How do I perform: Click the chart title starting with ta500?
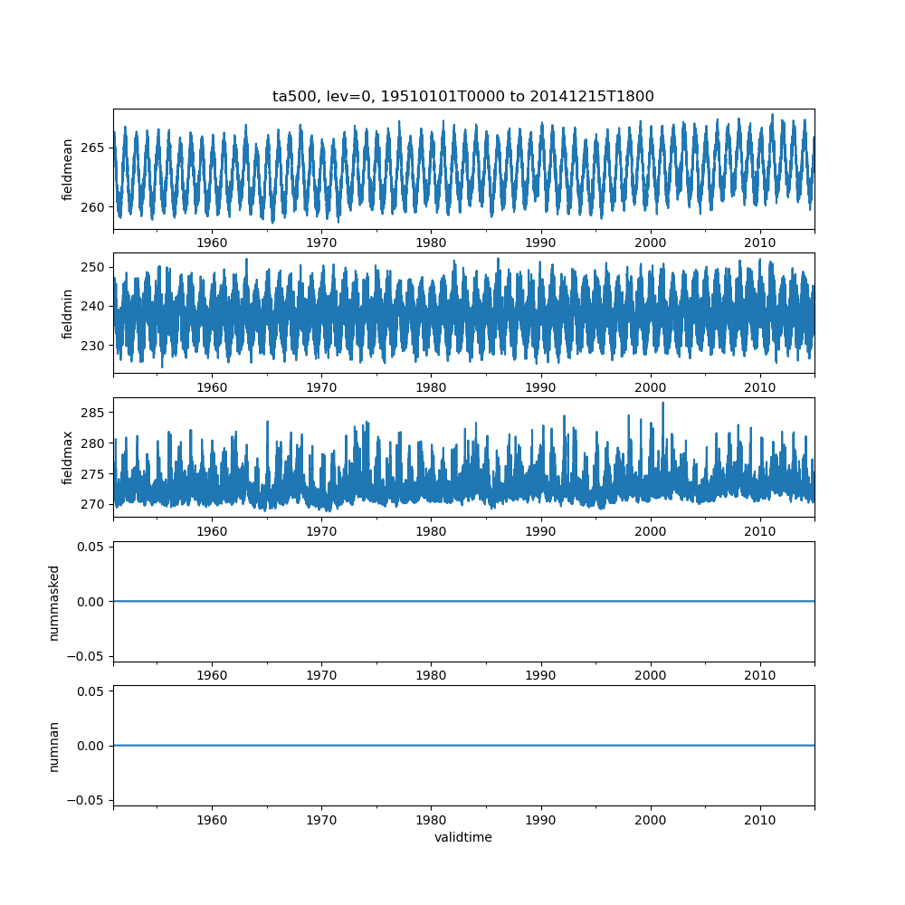(462, 96)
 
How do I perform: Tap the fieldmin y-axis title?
(67, 313)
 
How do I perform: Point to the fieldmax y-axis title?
(67, 458)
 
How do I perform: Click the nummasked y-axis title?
(54, 602)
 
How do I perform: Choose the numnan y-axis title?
(54, 746)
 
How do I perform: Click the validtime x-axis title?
(462, 838)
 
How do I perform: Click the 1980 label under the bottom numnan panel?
(431, 821)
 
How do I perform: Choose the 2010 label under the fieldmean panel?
(759, 243)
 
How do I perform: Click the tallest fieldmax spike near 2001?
(662, 403)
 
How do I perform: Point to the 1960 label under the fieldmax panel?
(212, 532)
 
